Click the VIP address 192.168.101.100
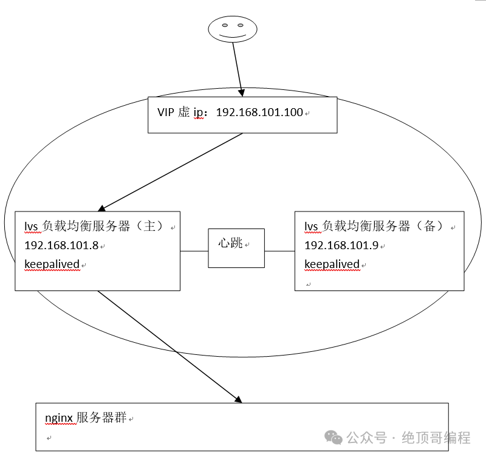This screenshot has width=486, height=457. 259,112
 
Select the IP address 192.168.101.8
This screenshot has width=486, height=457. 61,246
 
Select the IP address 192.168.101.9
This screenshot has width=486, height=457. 341,246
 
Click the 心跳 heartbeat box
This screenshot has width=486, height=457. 236,247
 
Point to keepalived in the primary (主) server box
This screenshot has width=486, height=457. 52,264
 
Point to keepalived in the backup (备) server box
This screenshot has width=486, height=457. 332,264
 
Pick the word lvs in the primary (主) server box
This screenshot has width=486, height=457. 31,227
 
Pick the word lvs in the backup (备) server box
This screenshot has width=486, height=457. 310,227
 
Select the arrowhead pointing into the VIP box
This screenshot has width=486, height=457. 242,93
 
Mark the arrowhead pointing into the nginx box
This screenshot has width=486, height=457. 238,399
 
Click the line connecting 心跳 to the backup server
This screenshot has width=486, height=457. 279,251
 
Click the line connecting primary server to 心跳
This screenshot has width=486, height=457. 194,251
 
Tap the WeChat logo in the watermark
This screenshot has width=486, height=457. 332,437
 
